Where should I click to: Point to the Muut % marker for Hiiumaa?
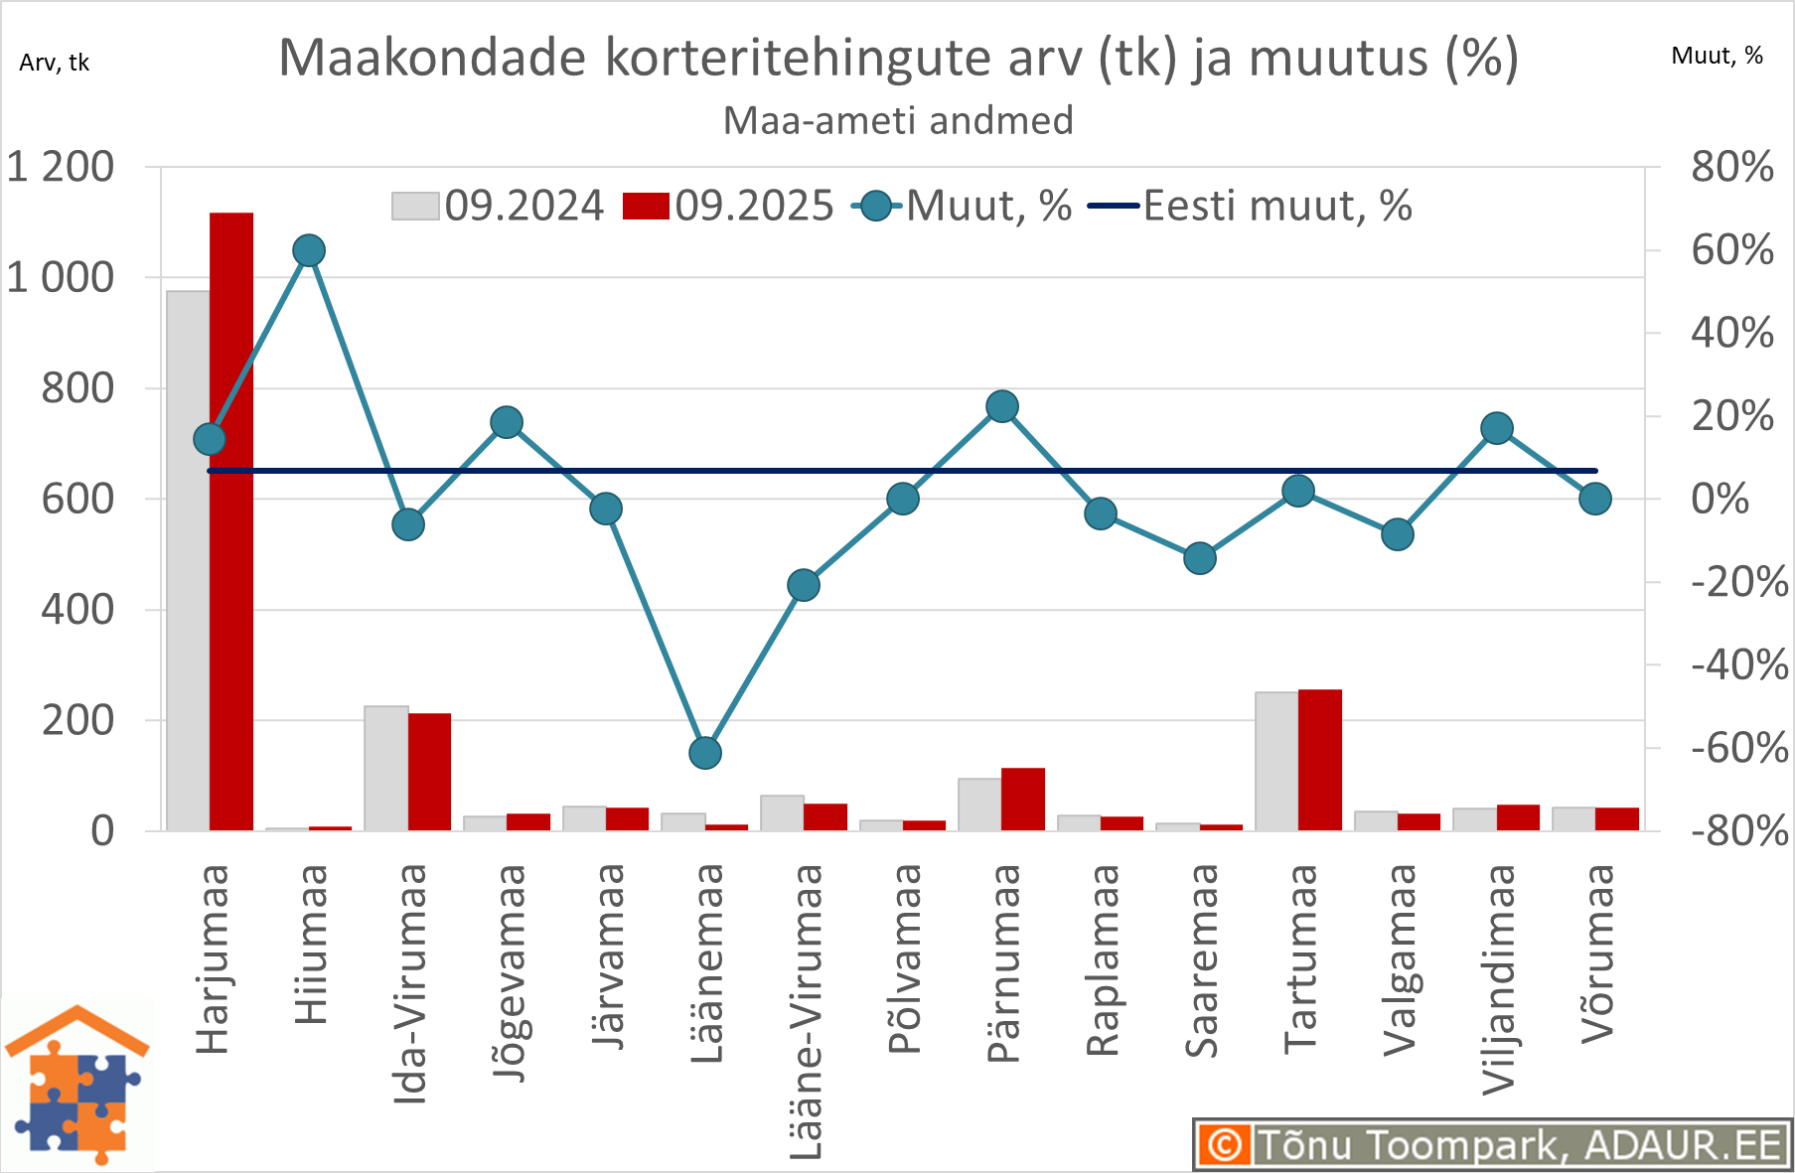click(x=309, y=250)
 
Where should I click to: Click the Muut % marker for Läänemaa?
click(x=705, y=753)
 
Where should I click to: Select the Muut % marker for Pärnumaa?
click(x=1002, y=406)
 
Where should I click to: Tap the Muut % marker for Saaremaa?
click(x=1200, y=558)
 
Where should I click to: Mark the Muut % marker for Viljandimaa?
click(x=1497, y=428)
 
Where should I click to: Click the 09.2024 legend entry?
click(x=498, y=206)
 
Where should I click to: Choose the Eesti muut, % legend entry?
click(x=1251, y=206)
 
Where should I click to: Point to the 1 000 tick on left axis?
click(x=61, y=278)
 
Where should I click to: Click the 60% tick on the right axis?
click(x=1732, y=250)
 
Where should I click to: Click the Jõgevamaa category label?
click(x=509, y=972)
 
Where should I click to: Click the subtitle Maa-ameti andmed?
click(x=898, y=121)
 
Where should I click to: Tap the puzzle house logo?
click(x=77, y=1086)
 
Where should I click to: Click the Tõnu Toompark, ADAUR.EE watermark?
click(x=1491, y=1145)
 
